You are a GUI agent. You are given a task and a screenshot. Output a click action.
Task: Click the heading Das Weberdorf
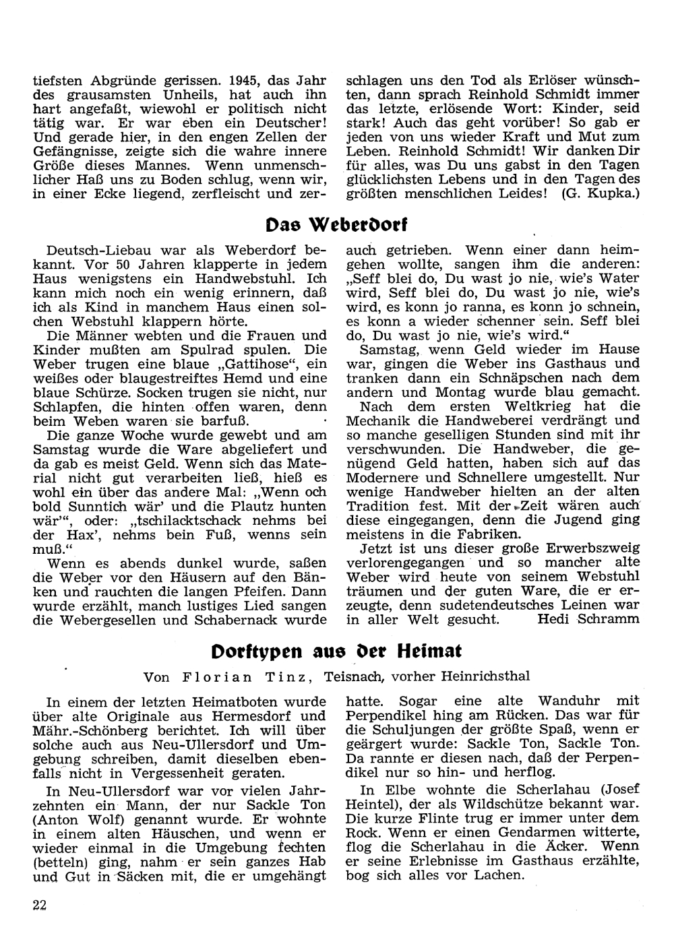336,224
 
